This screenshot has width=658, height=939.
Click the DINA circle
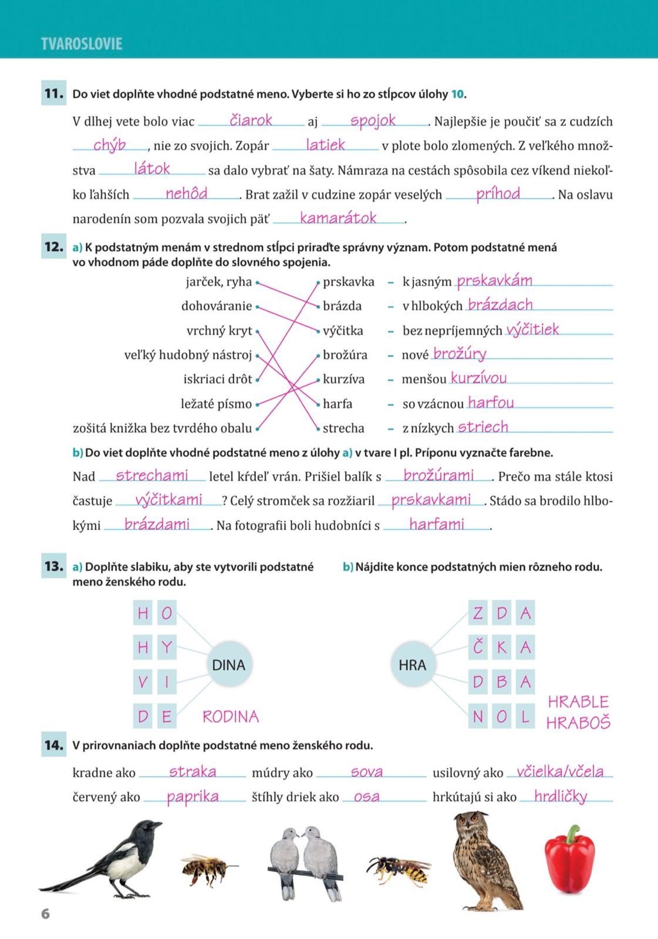228,665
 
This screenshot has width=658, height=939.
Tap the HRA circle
412,665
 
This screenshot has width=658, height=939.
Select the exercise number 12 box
53,247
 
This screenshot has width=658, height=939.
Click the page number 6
45,914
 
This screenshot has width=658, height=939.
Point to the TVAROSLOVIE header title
82,44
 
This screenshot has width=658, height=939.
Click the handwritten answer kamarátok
338,218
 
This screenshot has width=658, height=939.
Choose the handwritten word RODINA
231,717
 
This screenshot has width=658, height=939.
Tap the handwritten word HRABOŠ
578,722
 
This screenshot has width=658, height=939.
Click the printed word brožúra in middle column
345,355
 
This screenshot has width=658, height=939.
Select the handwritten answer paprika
193,796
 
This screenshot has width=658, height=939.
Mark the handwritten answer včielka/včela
560,772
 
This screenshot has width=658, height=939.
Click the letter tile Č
478,647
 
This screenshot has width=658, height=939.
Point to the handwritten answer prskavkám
494,281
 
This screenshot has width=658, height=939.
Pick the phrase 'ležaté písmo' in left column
216,404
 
